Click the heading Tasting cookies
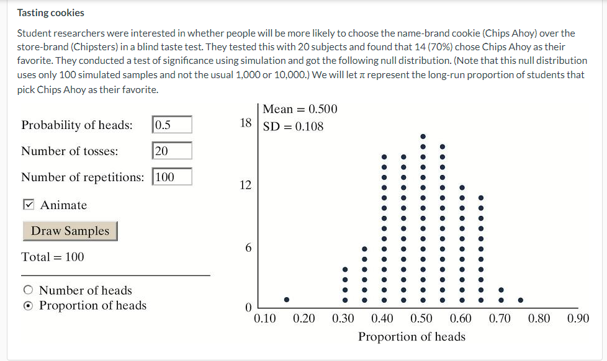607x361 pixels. click(x=51, y=12)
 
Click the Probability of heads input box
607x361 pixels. click(x=172, y=125)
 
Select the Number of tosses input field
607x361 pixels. click(x=172, y=151)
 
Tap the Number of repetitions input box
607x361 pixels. click(x=172, y=177)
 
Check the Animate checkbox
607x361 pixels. click(x=29, y=205)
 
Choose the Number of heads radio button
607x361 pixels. click(x=28, y=290)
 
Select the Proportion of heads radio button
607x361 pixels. click(x=28, y=306)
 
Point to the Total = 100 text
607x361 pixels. click(x=53, y=257)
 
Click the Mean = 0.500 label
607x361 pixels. click(x=300, y=109)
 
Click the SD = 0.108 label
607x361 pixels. click(x=294, y=127)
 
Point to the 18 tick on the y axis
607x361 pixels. click(x=246, y=123)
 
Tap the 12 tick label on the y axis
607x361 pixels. click(x=246, y=185)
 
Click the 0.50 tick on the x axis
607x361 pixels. click(x=421, y=319)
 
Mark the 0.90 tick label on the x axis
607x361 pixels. click(x=578, y=319)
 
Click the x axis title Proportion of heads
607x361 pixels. click(x=411, y=337)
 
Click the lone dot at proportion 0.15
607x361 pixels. click(x=286, y=300)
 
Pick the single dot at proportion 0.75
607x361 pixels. click(x=520, y=300)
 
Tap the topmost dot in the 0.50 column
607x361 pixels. click(x=423, y=136)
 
